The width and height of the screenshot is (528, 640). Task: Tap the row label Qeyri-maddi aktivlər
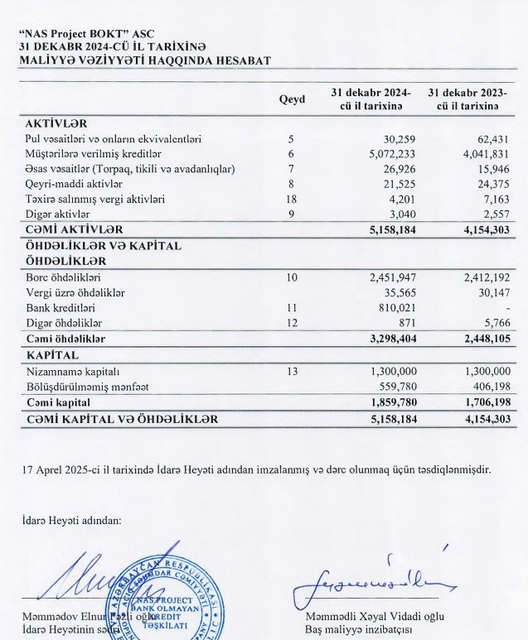pyautogui.click(x=74, y=184)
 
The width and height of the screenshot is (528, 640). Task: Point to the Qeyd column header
pyautogui.click(x=292, y=99)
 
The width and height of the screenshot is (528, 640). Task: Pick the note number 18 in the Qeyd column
pyautogui.click(x=292, y=199)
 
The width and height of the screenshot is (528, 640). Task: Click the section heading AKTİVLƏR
pyautogui.click(x=51, y=123)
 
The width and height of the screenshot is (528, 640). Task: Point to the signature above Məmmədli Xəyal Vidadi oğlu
pyautogui.click(x=373, y=579)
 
